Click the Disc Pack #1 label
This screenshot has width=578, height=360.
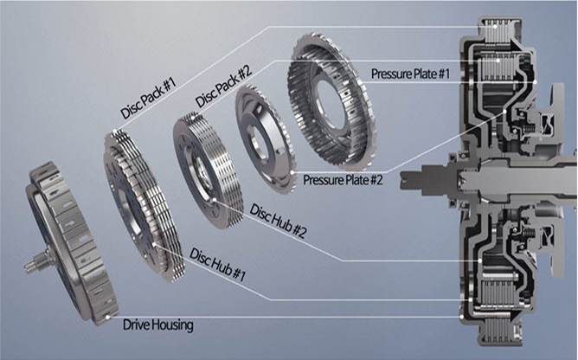(x=148, y=99)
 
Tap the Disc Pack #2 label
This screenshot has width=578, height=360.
(x=223, y=87)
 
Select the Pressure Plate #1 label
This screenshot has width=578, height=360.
(x=410, y=74)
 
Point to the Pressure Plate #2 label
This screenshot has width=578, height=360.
(x=343, y=180)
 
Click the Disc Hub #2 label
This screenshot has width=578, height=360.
(x=279, y=221)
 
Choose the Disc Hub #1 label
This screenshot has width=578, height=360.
(x=217, y=265)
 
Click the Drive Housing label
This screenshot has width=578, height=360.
(x=157, y=325)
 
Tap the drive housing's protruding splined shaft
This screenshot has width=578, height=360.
(x=36, y=260)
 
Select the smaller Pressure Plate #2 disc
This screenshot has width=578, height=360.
(x=264, y=139)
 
